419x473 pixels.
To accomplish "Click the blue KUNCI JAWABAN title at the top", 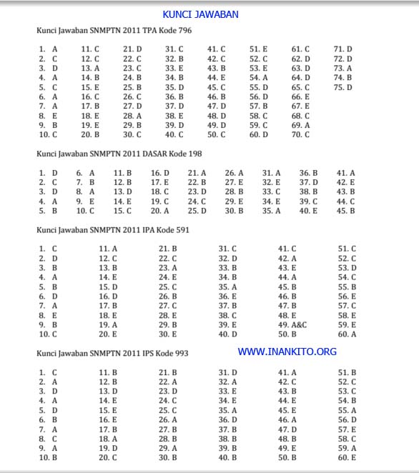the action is point(200,14).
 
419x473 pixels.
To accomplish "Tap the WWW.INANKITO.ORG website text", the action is point(287,352).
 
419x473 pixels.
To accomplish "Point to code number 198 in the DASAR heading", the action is point(192,154).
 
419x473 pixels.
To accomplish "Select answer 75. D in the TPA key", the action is point(342,88).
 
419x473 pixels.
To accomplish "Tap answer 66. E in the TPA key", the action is point(300,96).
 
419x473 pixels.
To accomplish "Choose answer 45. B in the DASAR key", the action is point(345,211).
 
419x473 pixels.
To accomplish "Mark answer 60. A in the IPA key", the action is point(347,334).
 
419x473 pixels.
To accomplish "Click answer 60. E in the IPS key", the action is point(347,457).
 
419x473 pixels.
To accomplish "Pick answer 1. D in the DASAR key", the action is point(49,173).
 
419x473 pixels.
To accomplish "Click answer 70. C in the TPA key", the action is point(300,134).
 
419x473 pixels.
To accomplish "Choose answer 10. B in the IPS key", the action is point(48,457).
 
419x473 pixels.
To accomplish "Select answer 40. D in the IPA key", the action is point(227,334).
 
